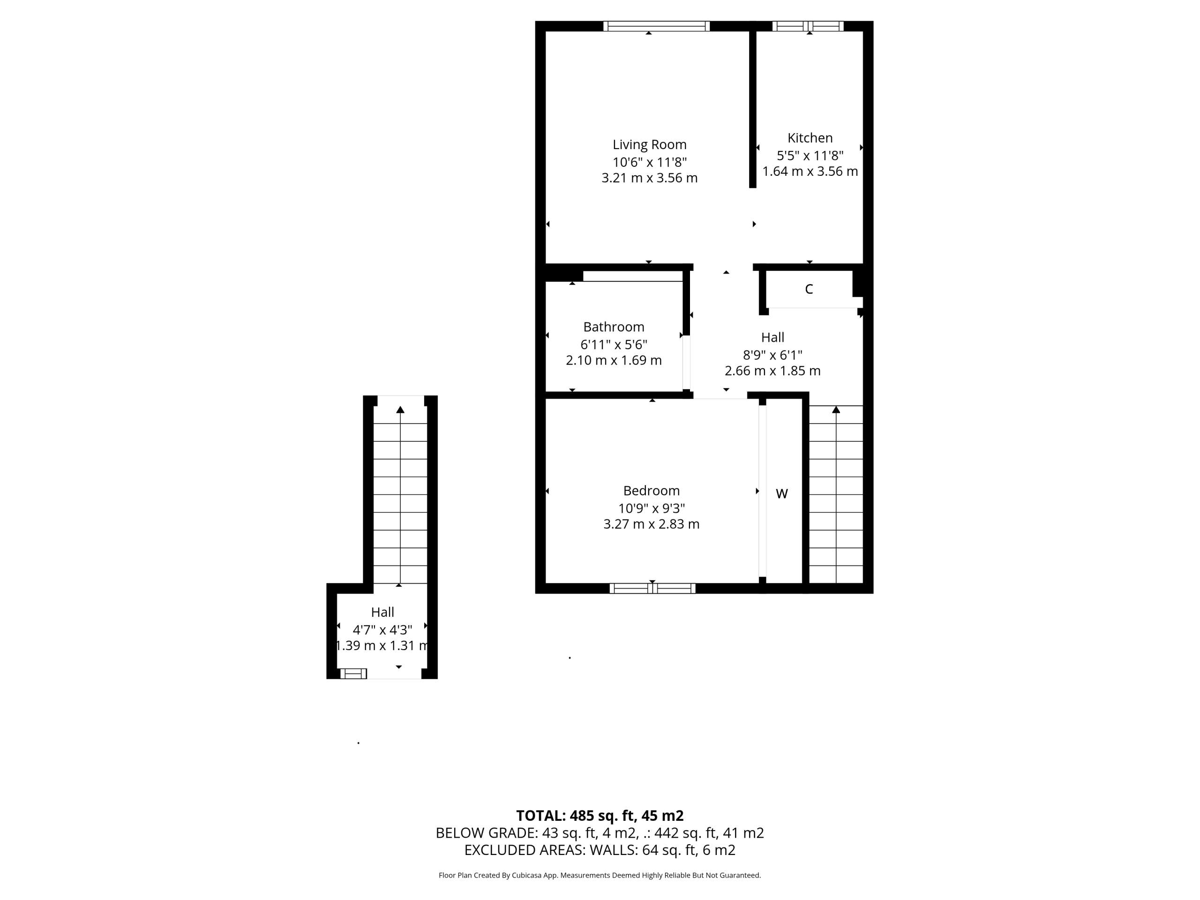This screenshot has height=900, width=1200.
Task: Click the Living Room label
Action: click(x=649, y=145)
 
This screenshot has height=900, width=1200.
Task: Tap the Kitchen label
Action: click(x=810, y=138)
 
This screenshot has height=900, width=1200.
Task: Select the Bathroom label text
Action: click(x=614, y=327)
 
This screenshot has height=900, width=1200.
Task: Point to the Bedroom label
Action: click(x=651, y=491)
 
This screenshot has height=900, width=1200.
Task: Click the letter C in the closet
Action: click(x=809, y=289)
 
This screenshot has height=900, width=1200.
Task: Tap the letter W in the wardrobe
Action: click(x=782, y=494)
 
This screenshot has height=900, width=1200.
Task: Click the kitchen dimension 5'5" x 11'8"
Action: click(x=810, y=156)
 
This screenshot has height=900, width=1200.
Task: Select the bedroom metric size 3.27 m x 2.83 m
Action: click(x=651, y=524)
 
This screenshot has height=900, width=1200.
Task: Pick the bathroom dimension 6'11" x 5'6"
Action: click(x=614, y=345)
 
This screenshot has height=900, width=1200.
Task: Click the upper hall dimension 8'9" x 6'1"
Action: click(x=772, y=355)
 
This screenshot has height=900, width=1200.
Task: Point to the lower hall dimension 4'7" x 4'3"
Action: click(x=382, y=630)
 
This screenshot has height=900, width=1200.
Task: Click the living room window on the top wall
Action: click(x=656, y=26)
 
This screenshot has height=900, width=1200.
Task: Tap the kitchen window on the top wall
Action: click(x=808, y=26)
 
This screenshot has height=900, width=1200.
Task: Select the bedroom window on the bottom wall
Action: click(x=652, y=589)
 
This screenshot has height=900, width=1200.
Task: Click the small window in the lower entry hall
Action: click(x=353, y=674)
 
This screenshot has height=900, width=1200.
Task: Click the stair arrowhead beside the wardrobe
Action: click(x=836, y=410)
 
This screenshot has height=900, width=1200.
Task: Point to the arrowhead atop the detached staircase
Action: click(x=400, y=410)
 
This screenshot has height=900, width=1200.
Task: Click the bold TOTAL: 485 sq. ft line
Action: click(x=600, y=816)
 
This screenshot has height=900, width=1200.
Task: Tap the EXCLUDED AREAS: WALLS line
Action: click(x=600, y=850)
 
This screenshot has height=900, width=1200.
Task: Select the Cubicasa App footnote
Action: click(x=600, y=876)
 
